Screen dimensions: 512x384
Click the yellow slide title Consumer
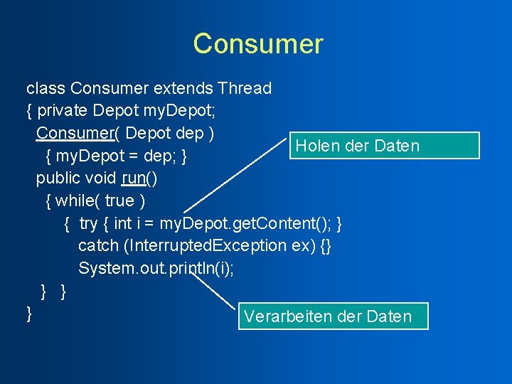point(257,44)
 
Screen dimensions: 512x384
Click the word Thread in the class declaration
point(245,88)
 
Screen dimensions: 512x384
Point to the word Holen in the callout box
point(317,146)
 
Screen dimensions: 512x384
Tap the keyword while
point(78,201)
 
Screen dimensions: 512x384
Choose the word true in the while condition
point(119,201)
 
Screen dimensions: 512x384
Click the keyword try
point(88,223)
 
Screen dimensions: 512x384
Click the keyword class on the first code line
point(46,88)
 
